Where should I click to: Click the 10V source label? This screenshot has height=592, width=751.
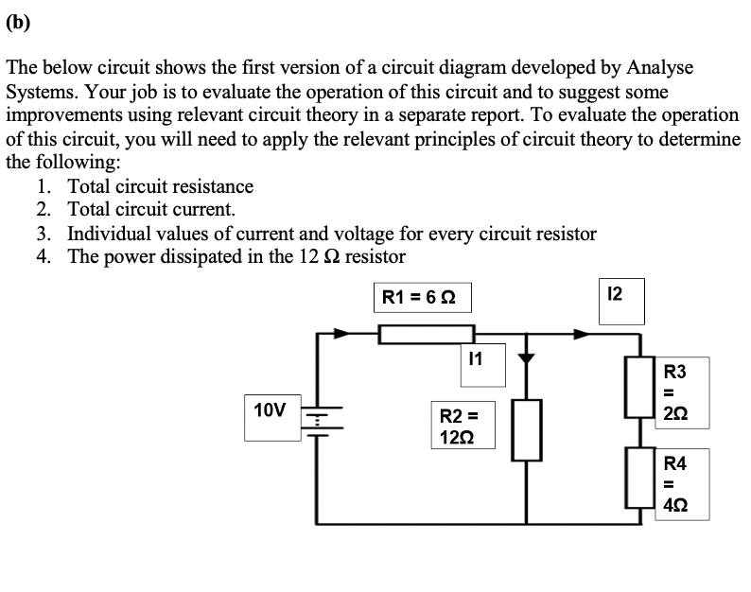tap(269, 415)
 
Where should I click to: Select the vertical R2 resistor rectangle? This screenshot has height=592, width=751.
tap(527, 429)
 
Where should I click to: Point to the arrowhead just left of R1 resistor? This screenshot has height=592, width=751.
tap(339, 333)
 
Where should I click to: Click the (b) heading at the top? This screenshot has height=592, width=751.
tap(18, 23)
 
